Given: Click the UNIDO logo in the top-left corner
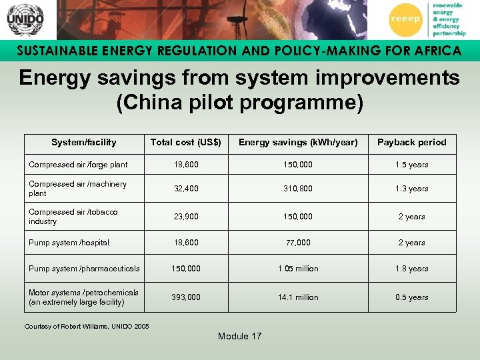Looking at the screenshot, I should pos(25,19).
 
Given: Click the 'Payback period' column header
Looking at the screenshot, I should pos(411,142).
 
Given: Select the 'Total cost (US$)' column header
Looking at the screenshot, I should pos(185,142).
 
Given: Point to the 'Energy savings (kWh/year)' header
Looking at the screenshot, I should pos(298,142).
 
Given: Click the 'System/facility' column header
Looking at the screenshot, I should pos(84,142).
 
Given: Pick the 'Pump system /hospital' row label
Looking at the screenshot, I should pos(69,243).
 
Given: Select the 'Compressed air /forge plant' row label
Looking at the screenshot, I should pos(78,165).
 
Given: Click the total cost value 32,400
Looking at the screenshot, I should pos(187,189).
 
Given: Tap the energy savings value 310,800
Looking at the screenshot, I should pos(298,189).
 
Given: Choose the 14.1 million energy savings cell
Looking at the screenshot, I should pos(298,297).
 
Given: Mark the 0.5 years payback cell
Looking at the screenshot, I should pos(411,297).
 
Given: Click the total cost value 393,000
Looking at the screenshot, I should pos(187,297).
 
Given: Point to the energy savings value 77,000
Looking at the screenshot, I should pos(298,243).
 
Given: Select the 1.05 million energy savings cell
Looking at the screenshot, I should pos(298,269).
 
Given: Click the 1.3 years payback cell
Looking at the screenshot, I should pos(411,189).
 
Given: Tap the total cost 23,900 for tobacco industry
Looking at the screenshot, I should pos(187,217).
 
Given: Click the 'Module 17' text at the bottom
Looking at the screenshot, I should pos(239,336).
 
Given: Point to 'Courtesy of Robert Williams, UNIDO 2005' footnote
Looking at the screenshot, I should pos(87,326).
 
